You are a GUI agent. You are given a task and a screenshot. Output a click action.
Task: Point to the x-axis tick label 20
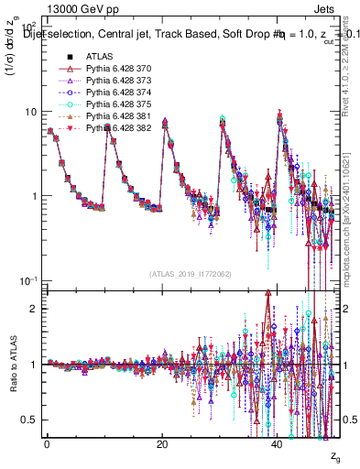point(162,444)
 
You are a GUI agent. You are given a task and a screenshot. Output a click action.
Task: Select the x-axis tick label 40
point(278,444)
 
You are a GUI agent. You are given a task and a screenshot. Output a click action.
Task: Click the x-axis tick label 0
point(47,444)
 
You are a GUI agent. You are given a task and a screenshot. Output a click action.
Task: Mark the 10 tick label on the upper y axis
point(31,112)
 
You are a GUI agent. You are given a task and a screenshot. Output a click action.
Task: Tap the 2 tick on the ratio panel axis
point(35,309)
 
